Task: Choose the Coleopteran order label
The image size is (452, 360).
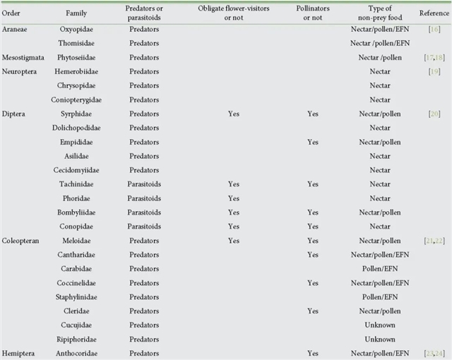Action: tap(21, 241)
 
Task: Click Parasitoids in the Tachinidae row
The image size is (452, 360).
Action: tap(145, 184)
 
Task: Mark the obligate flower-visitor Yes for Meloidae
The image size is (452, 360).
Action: tap(236, 241)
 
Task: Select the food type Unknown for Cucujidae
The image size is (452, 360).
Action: tap(379, 325)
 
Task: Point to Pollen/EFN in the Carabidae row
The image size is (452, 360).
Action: tap(379, 269)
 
